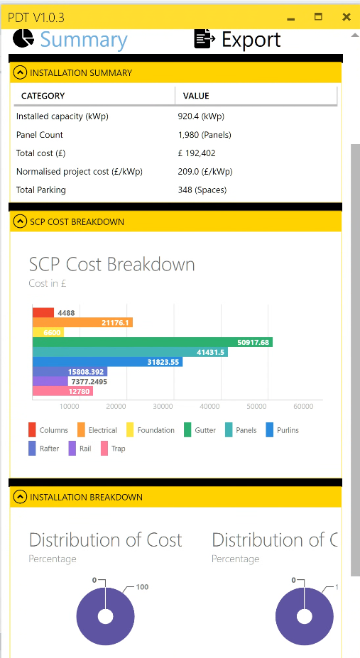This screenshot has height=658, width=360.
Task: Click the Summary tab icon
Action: pos(24,39)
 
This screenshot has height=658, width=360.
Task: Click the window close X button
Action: pos(346,16)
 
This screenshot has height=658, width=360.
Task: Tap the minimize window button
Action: pos(290,16)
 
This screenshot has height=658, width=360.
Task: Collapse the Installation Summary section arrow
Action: pos(20,72)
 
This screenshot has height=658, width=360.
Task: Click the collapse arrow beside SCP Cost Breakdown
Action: pos(20,221)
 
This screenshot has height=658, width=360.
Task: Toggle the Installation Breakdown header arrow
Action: pos(20,497)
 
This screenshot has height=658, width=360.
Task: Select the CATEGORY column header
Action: pos(43,96)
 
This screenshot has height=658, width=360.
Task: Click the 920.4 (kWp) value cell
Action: pos(202,116)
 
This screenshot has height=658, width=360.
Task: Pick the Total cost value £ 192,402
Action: pos(197,153)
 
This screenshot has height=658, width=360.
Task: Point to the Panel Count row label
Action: pos(40,135)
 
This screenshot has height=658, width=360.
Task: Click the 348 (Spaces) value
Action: pos(203,190)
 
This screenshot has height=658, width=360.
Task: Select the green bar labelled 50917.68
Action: pos(152,342)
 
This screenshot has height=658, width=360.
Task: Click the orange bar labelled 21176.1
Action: pos(82,322)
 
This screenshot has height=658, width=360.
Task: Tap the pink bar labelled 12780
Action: pos(62,391)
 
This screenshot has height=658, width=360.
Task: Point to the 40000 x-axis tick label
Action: pos(209,407)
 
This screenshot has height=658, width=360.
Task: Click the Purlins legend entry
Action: pos(282,430)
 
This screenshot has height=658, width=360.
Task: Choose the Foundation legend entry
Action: pos(150,430)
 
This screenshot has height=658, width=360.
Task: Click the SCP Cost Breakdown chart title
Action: pos(111,265)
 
